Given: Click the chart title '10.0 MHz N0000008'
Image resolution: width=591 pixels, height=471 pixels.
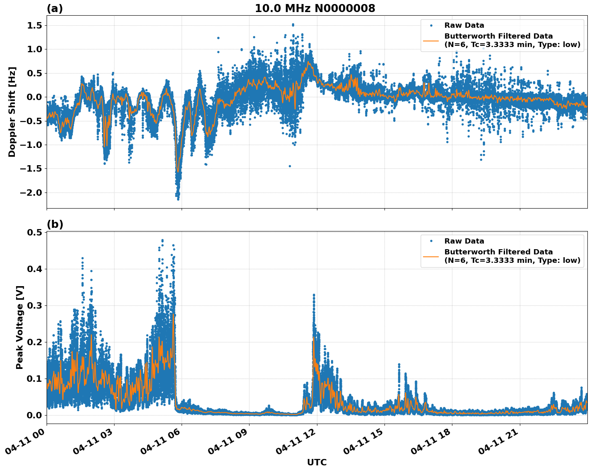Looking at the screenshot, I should [x=315, y=8].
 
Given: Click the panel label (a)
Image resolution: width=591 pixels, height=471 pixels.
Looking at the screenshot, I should [x=55, y=8].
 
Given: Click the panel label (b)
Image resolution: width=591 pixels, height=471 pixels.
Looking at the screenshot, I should [x=55, y=224].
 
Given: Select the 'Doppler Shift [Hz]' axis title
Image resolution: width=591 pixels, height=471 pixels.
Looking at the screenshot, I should [x=12, y=112].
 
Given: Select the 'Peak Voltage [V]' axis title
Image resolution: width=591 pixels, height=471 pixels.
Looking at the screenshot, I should [x=20, y=327].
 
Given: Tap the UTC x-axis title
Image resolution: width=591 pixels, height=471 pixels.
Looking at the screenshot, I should [x=317, y=462].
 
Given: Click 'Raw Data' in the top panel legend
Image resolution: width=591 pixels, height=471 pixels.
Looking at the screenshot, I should [x=464, y=26].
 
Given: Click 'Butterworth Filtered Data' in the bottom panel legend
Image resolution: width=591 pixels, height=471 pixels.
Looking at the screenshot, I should [x=498, y=252].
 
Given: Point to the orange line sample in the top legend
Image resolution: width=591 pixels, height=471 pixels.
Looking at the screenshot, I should [x=431, y=40].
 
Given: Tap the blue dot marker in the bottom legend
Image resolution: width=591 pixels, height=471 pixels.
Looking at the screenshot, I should [x=431, y=241].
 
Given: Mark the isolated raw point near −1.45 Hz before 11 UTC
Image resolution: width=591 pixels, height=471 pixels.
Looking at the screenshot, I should [x=290, y=166].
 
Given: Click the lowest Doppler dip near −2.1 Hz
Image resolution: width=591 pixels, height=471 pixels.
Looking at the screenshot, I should [x=178, y=199].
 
